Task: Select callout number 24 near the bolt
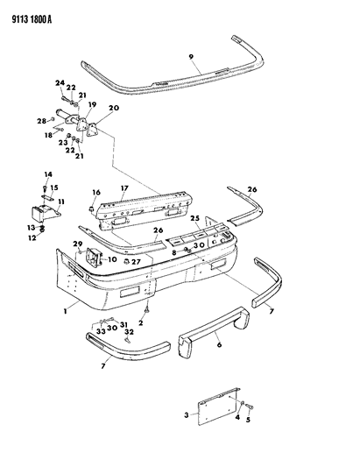click(x=61, y=84)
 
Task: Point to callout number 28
click(x=41, y=120)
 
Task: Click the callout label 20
click(x=113, y=108)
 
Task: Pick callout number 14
click(x=48, y=175)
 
